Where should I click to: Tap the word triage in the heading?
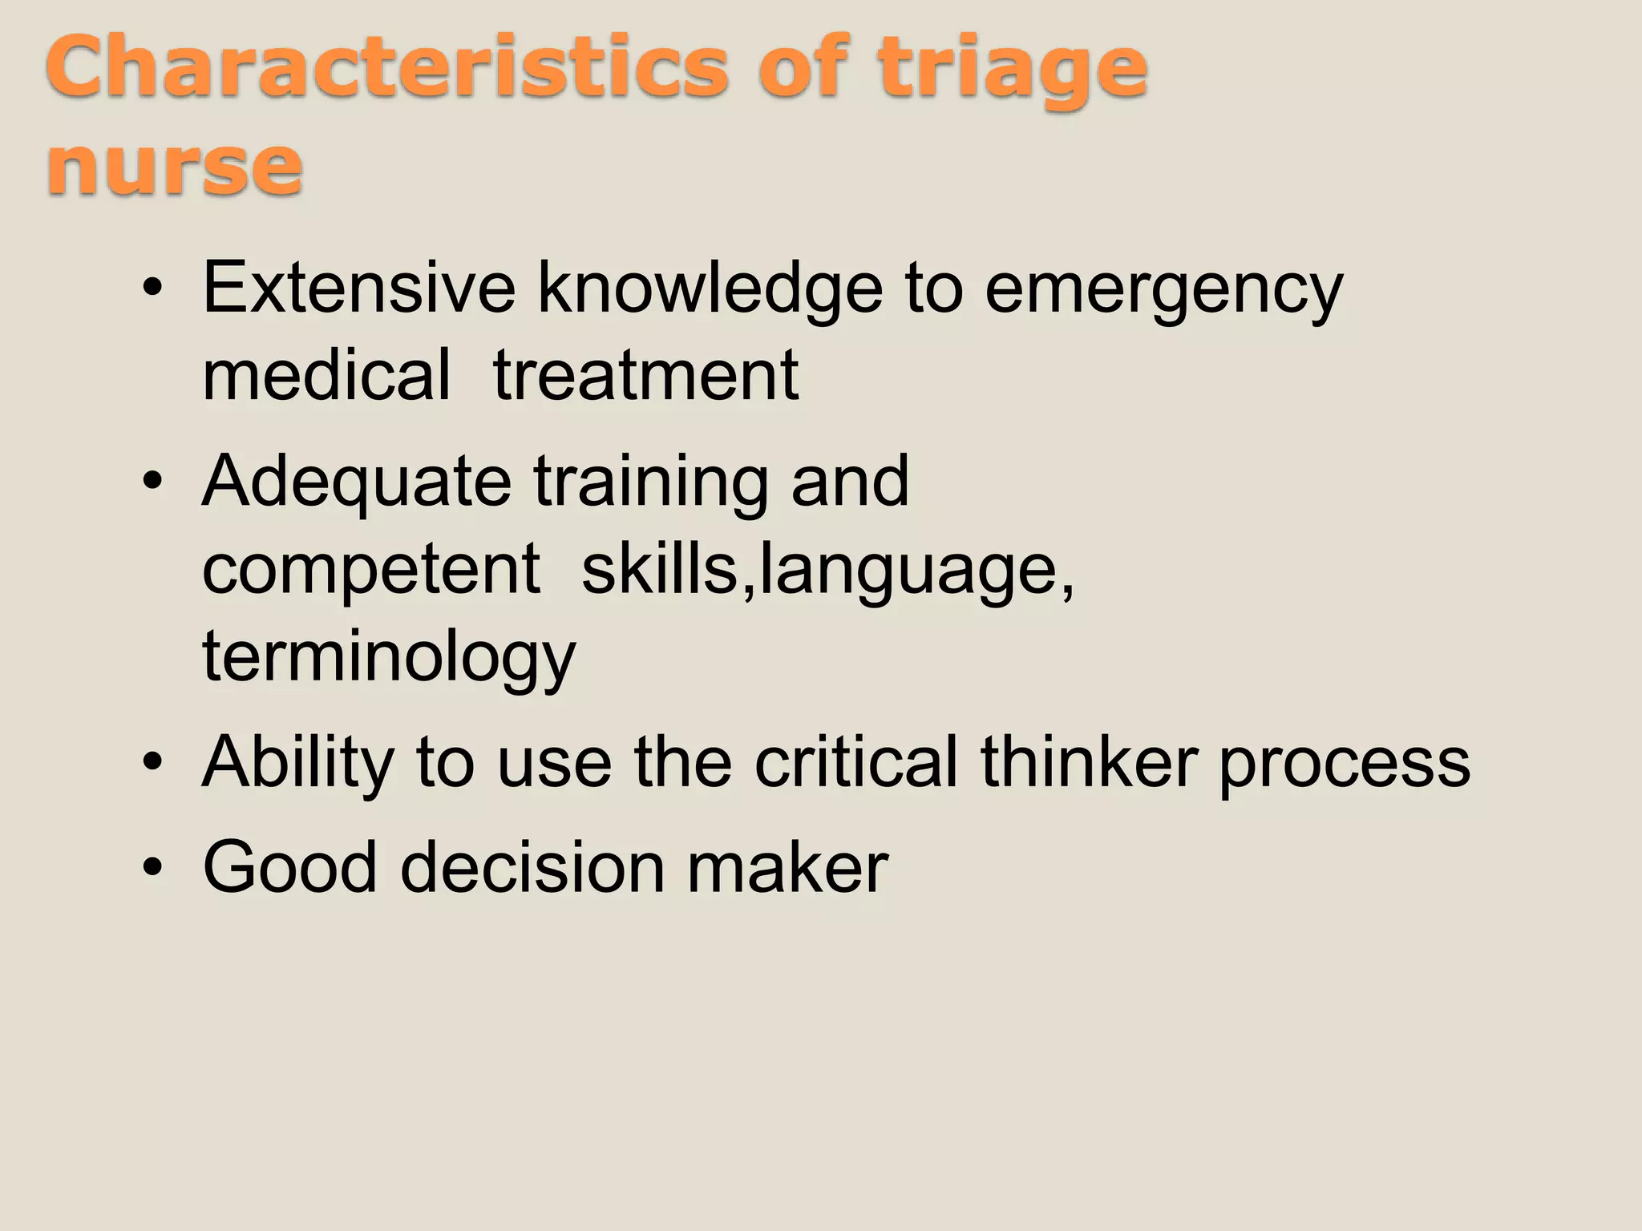click(x=1012, y=71)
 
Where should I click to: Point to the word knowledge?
click(x=710, y=290)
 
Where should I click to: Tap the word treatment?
click(x=645, y=376)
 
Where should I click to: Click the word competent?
click(x=371, y=569)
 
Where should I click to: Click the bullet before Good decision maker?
click(x=152, y=868)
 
